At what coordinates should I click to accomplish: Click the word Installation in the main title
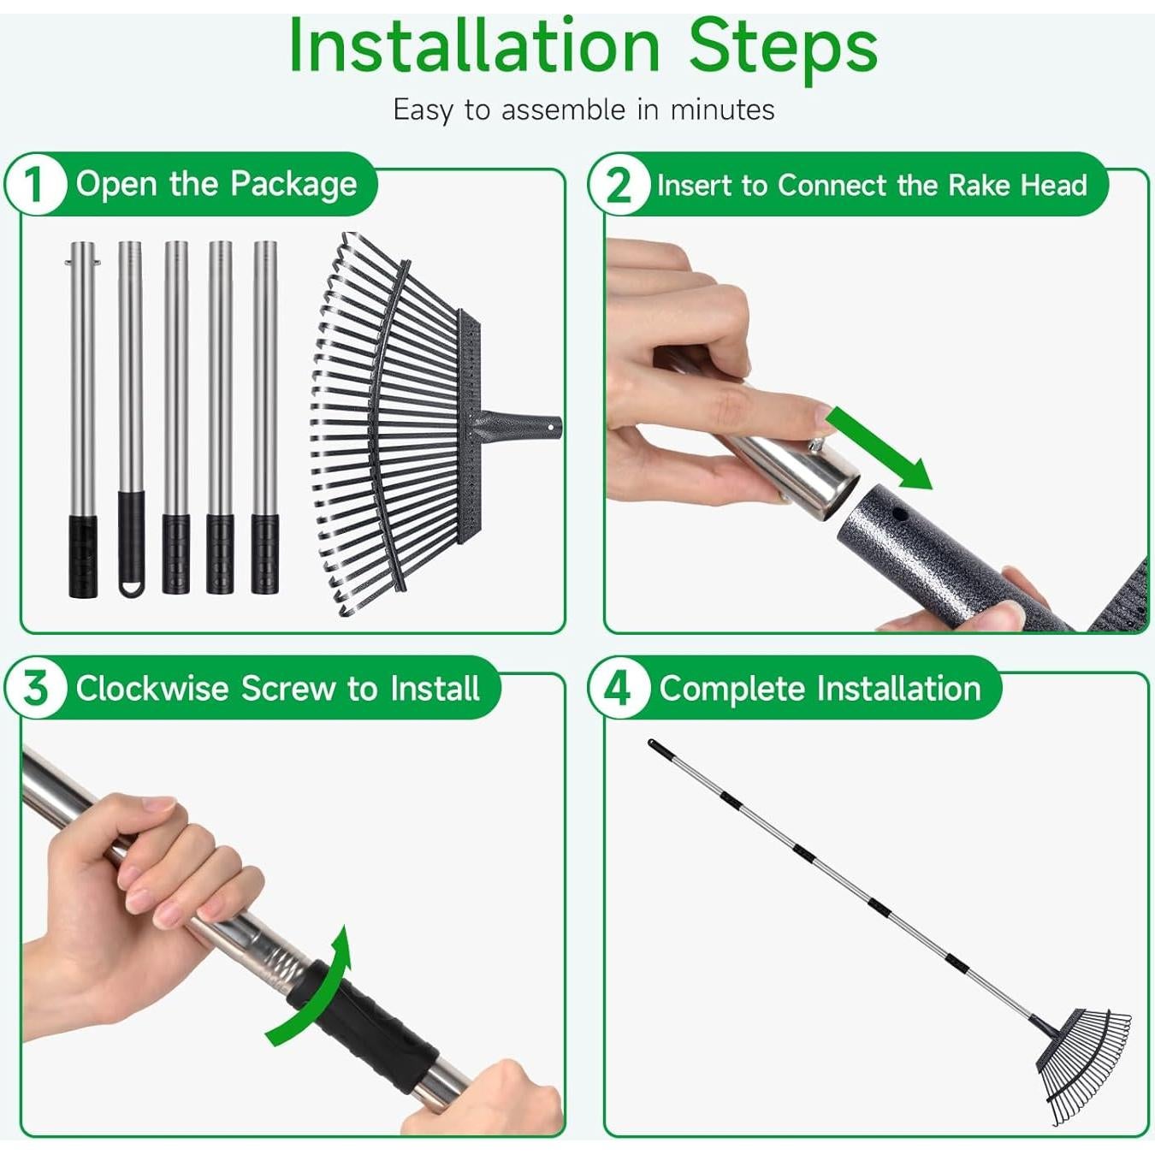click(473, 46)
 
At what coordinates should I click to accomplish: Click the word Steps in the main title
click(784, 51)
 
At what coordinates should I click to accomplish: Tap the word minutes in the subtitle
click(722, 110)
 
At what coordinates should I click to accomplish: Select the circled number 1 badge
click(34, 185)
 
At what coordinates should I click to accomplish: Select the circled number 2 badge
click(619, 185)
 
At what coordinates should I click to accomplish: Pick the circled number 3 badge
click(34, 688)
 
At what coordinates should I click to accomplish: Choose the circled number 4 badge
click(619, 688)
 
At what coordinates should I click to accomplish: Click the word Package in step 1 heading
click(293, 184)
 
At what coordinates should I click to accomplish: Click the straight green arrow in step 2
click(880, 447)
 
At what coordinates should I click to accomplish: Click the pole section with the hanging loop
click(131, 418)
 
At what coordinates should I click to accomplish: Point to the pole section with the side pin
click(83, 418)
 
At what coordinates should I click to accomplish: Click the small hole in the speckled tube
click(898, 513)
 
